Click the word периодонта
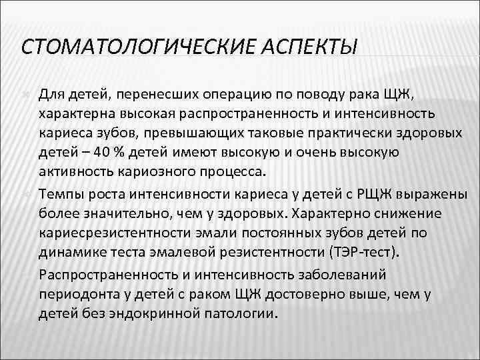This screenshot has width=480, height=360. coord(77,294)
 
